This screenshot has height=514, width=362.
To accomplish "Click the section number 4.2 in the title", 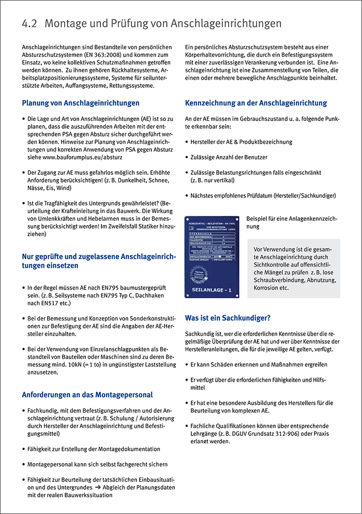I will pos(30,24).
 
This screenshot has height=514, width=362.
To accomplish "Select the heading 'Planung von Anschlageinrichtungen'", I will pos(81,103).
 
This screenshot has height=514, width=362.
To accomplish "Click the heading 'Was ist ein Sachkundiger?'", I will pos(228,318).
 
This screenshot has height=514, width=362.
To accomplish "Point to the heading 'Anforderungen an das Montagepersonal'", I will pos(87,395).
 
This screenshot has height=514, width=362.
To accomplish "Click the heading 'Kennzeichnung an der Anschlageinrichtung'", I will pos(256,103).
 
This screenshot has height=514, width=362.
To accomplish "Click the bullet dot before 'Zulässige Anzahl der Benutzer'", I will pos(187,157).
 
